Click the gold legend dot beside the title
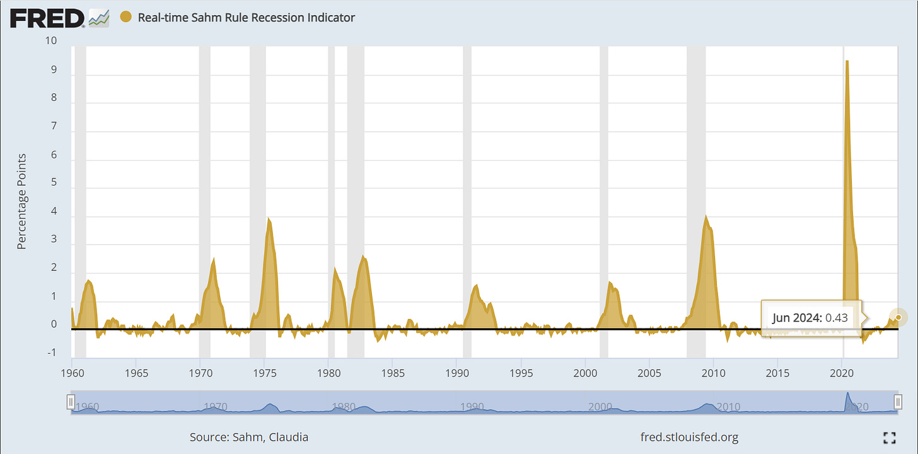125,17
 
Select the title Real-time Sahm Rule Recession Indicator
246,18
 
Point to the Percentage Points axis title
21,201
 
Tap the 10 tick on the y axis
51,41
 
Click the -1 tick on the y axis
52,352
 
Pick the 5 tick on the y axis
54,182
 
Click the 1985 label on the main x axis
393,372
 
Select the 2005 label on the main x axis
649,372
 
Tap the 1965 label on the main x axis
136,372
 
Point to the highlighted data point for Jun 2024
898,317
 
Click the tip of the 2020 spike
847,61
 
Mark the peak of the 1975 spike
269,219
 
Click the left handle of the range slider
71,401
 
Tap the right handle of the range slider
898,401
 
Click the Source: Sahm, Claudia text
249,437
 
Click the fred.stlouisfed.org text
688,437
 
